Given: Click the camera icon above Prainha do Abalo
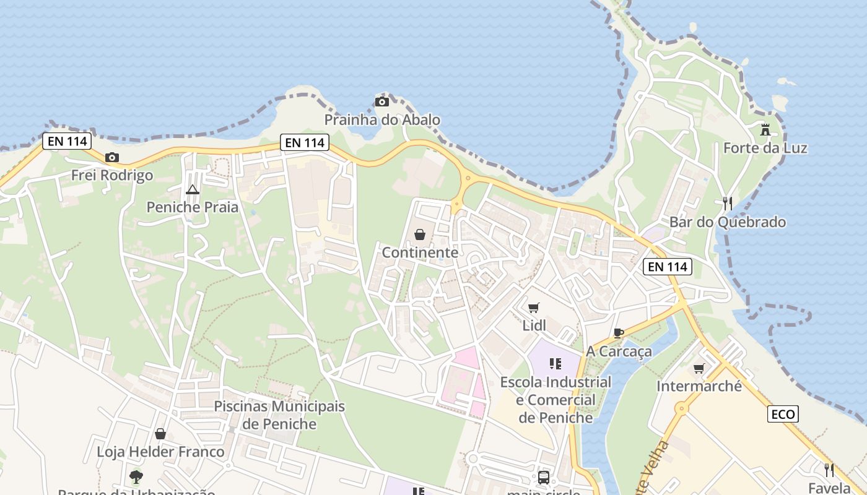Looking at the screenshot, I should tap(382, 101).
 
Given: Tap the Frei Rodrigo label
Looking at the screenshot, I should tap(112, 175).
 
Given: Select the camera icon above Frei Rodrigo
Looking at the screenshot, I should tap(112, 157).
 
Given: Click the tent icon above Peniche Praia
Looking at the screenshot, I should tap(192, 189).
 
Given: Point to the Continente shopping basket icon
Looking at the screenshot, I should tap(420, 235).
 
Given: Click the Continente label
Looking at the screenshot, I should tap(420, 252).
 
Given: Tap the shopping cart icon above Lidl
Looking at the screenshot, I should tap(534, 308).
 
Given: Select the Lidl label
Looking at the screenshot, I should tap(534, 325).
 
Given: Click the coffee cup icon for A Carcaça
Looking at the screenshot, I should tap(618, 333).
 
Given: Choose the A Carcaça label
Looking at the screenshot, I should tap(619, 351).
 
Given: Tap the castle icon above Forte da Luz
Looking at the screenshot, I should tap(765, 130).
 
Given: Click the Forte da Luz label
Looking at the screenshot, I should tap(765, 148).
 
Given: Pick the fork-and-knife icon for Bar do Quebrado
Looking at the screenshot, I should tap(728, 204).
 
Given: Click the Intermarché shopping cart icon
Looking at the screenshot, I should tap(699, 368).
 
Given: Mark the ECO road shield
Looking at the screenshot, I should tap(783, 414).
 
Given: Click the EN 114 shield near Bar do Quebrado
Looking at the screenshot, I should tap(667, 267).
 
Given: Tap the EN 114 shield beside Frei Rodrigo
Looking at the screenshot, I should tap(68, 141).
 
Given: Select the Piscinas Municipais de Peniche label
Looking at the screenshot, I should tap(279, 415).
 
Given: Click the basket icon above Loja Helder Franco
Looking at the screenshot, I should tap(160, 434).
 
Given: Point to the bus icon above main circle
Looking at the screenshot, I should tap(543, 477).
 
